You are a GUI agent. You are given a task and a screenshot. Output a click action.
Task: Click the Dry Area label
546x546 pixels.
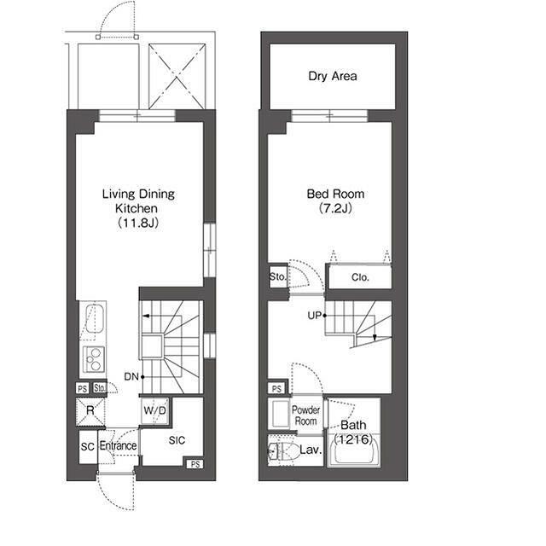click(x=333, y=76)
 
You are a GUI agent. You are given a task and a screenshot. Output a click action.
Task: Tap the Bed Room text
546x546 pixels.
click(x=335, y=194)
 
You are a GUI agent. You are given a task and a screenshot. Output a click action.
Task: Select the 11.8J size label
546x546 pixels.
click(x=138, y=223)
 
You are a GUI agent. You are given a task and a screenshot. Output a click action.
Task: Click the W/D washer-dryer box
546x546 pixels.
click(x=155, y=410)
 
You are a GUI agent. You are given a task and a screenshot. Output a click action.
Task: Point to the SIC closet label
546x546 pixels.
click(x=177, y=440)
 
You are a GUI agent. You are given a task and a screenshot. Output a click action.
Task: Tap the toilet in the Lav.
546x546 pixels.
click(x=284, y=451)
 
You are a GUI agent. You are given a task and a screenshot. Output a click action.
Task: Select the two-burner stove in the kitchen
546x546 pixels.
click(x=94, y=359)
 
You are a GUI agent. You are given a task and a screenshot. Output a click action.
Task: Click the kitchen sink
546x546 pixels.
click(x=95, y=318)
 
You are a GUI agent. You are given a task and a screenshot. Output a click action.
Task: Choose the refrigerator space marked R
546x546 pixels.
click(x=90, y=412)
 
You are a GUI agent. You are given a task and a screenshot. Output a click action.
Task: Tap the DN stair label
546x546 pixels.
click(x=131, y=376)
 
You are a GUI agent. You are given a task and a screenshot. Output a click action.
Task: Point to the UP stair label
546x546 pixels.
click(x=315, y=316)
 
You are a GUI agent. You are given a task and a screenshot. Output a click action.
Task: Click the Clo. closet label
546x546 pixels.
click(x=360, y=277)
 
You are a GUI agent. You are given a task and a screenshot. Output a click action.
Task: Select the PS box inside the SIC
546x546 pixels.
click(x=195, y=464)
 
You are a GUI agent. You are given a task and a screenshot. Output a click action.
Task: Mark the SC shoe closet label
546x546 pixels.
click(x=87, y=447)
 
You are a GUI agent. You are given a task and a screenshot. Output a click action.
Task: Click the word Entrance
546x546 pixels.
click(x=118, y=445)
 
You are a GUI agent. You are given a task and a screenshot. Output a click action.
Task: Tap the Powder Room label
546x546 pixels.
click(x=305, y=415)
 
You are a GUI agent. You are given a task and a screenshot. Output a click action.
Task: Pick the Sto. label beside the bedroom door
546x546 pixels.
click(x=277, y=277)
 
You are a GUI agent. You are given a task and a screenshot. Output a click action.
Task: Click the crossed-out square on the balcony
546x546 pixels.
click(x=177, y=76)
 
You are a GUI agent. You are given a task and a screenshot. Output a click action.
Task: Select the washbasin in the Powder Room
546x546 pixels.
click(x=280, y=414)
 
